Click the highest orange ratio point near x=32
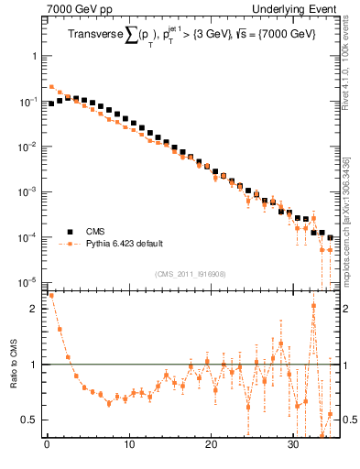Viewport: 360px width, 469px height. (x=313, y=306)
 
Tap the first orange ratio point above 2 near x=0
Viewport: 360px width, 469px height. (x=50, y=296)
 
